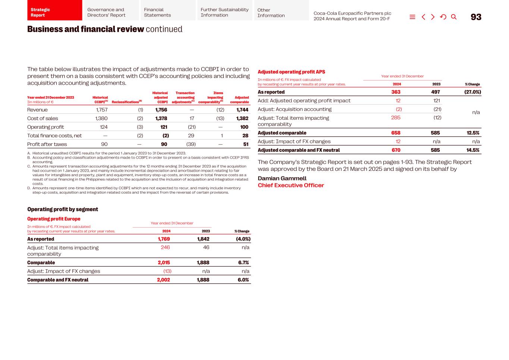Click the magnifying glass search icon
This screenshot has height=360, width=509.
[454, 17]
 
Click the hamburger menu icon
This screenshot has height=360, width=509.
[412, 17]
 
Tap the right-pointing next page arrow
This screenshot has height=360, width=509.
[433, 17]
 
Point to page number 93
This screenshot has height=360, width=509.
[476, 17]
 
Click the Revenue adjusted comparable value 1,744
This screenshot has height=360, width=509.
[242, 110]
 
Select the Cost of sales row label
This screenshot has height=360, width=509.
[43, 119]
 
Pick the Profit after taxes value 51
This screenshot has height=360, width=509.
[246, 144]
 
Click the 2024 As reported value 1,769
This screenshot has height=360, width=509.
[164, 239]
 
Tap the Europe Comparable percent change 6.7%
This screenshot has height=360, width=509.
[243, 263]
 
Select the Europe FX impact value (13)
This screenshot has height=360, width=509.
[167, 271]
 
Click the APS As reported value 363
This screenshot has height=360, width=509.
[396, 92]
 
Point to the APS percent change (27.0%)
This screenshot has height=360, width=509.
[472, 92]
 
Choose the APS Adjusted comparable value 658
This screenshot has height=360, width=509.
[396, 133]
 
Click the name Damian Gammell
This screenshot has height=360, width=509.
[282, 178]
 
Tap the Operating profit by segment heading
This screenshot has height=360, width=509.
[63, 209]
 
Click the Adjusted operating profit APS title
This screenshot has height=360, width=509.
[291, 72]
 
